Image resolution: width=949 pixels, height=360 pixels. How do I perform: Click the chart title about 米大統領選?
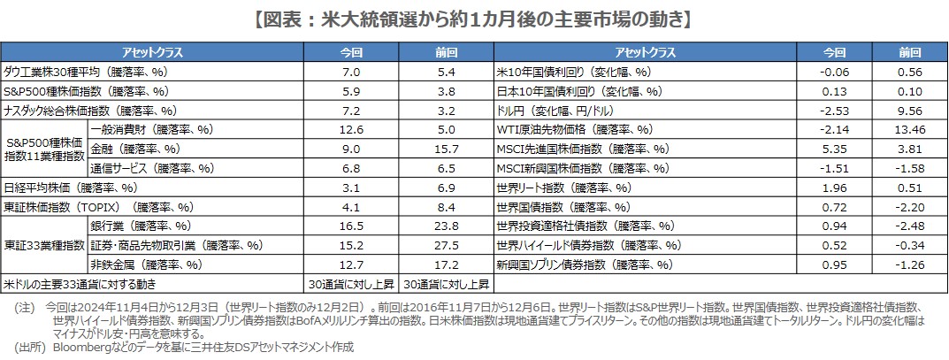tap(473, 17)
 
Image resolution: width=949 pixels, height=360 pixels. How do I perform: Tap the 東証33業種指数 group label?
tap(43, 245)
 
